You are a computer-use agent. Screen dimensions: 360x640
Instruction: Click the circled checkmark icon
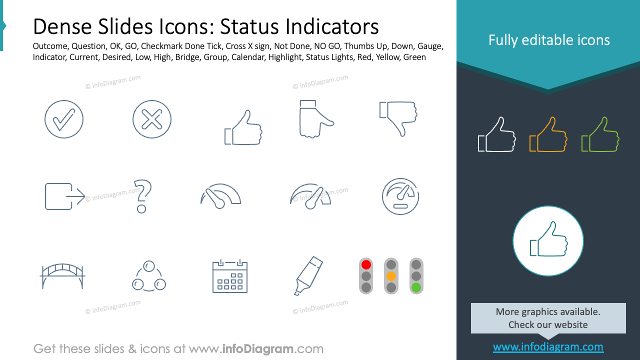(64, 119)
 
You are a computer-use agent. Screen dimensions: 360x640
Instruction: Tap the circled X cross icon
(152, 119)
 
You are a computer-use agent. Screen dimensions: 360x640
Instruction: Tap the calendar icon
(230, 276)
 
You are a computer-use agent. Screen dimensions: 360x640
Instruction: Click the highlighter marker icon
(307, 275)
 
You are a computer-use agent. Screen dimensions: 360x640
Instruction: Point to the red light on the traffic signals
(366, 264)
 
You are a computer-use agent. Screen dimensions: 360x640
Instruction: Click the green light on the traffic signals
(416, 287)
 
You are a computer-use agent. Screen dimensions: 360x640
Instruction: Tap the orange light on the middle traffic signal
(391, 276)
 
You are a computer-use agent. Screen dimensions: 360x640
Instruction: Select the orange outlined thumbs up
(548, 134)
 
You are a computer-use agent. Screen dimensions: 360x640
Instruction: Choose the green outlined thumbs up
(600, 134)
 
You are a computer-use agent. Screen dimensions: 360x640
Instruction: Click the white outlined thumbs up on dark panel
(496, 134)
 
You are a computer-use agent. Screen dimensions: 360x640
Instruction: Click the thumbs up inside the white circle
(548, 240)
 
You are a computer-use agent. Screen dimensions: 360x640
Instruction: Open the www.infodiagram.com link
(548, 346)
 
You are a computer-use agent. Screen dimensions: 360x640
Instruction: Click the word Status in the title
(250, 26)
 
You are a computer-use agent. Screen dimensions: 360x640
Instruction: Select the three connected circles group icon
(149, 276)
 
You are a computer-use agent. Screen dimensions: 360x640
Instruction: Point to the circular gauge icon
(400, 196)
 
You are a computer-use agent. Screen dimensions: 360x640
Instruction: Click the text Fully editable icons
(549, 40)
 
